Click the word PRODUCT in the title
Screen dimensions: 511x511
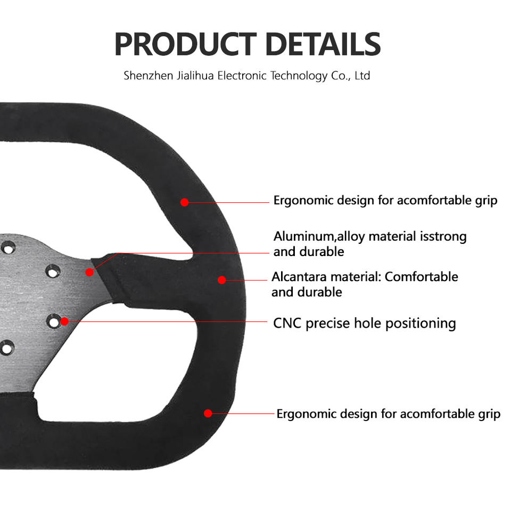186,44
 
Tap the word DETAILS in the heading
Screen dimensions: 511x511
323,44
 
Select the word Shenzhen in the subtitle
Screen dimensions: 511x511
149,76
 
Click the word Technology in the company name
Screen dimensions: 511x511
299,76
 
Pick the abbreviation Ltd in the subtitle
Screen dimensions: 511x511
362,76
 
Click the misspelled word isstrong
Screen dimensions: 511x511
443,236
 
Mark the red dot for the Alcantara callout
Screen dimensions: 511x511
221,279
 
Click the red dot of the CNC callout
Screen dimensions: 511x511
64,321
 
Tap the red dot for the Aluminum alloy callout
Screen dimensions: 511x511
89,272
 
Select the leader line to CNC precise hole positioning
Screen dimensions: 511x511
165,322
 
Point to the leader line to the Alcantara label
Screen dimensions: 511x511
246,279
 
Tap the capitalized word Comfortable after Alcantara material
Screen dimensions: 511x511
421,277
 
